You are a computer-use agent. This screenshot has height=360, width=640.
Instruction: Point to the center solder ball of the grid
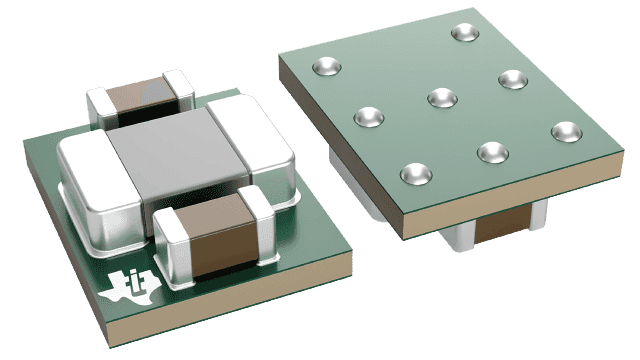(440, 97)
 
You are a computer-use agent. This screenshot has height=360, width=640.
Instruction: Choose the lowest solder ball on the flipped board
(415, 174)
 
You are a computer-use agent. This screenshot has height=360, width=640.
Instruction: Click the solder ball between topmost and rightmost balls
(513, 79)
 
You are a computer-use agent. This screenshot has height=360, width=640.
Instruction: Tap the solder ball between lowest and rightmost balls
(490, 151)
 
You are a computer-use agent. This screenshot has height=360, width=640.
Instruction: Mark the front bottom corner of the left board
(169, 336)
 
